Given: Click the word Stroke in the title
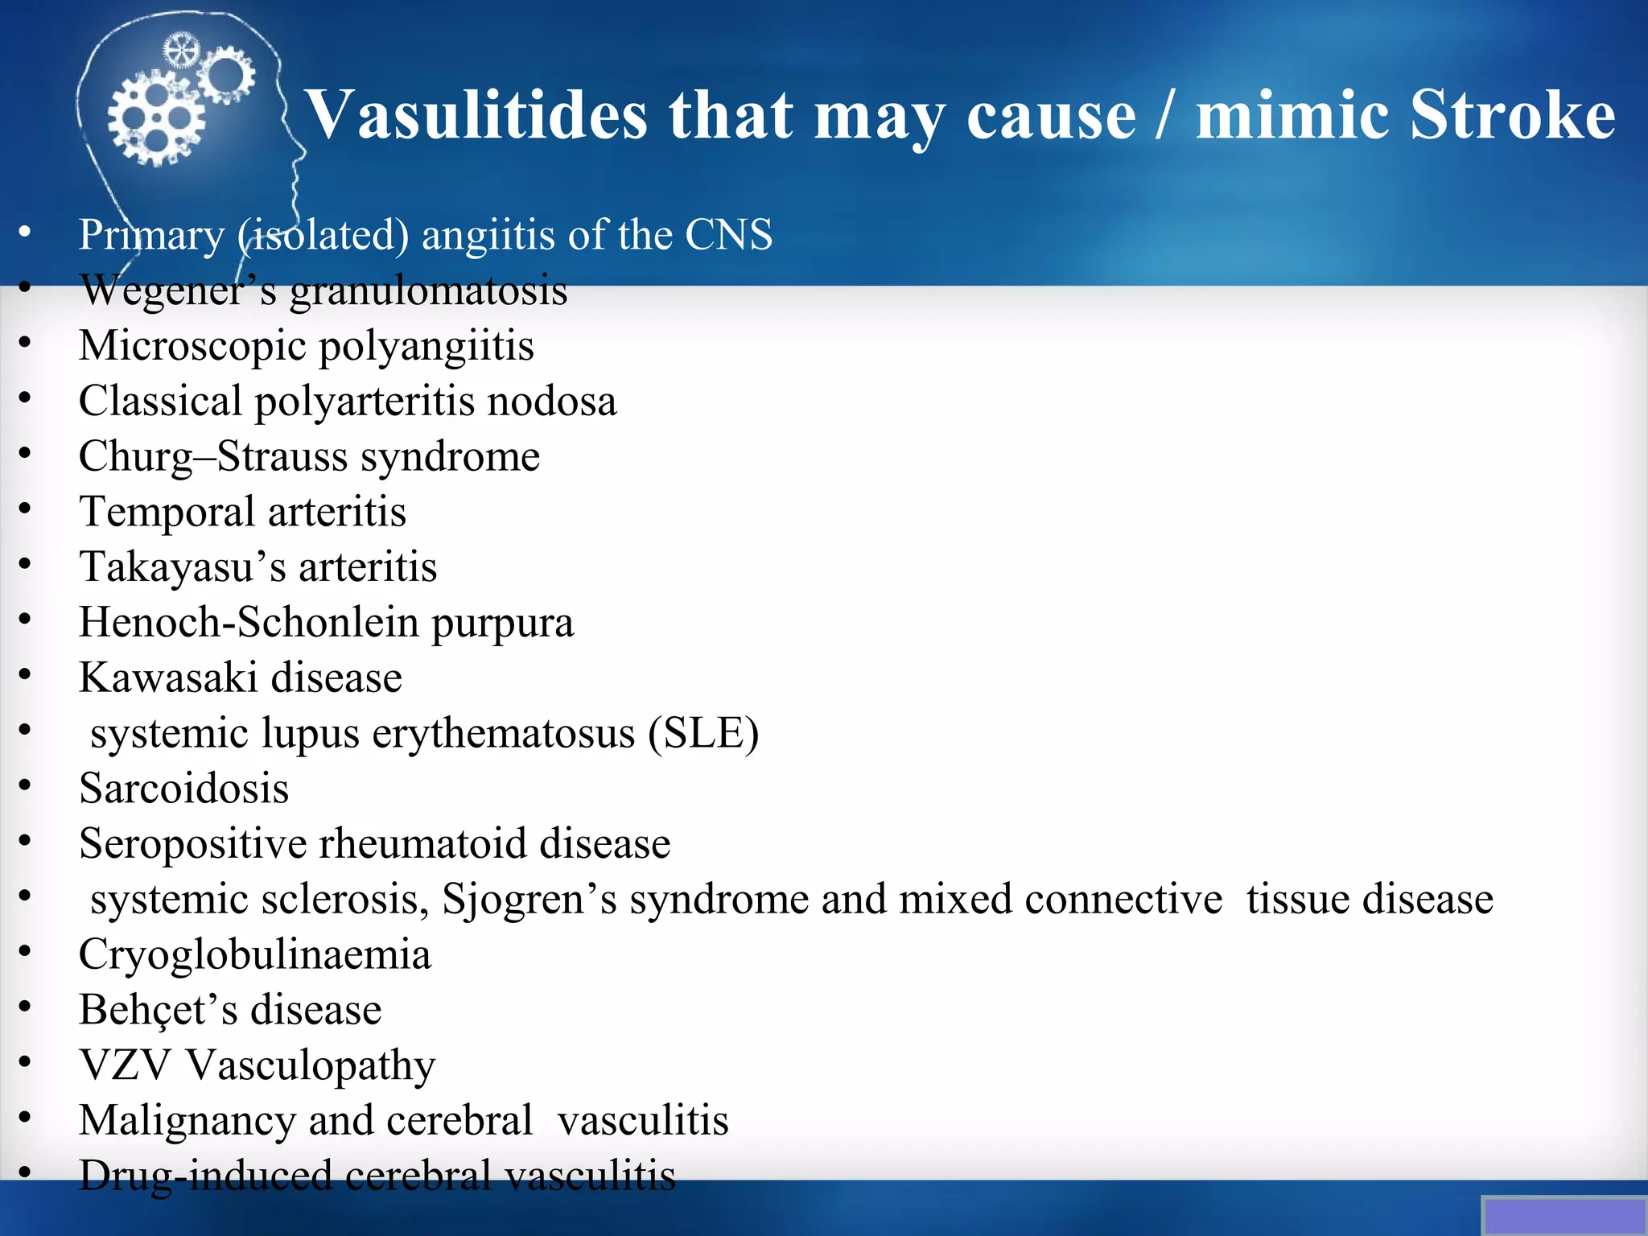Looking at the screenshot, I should click(x=1512, y=114).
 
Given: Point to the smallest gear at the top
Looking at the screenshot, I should click(x=181, y=51).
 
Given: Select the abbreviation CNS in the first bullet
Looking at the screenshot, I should click(x=728, y=235).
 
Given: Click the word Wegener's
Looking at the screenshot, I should click(x=178, y=290).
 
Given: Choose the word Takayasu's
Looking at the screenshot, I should click(x=182, y=566).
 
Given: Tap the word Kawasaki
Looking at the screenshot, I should click(x=168, y=678).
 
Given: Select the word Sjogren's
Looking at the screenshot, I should click(x=529, y=899).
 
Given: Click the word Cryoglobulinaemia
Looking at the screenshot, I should click(x=254, y=954).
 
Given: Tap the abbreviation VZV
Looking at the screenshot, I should click(x=125, y=1065).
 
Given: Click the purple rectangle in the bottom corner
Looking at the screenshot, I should click(x=1564, y=1216).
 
